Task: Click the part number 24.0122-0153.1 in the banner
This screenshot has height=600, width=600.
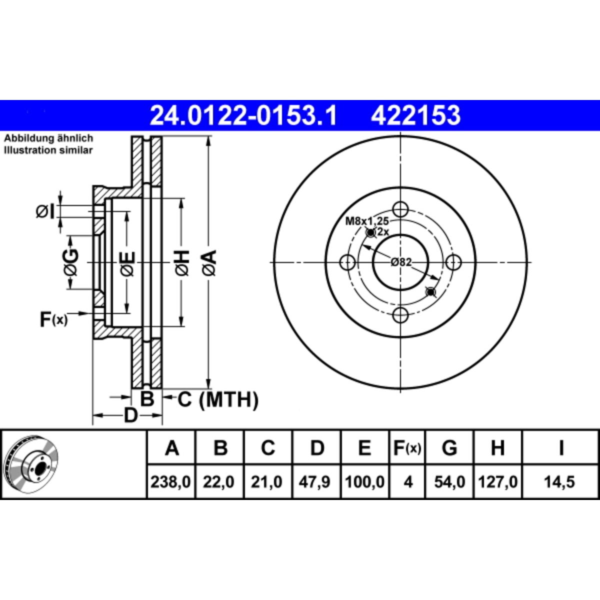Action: [243, 115]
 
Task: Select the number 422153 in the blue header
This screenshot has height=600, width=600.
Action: [415, 115]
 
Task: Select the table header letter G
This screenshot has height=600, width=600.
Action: [449, 448]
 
